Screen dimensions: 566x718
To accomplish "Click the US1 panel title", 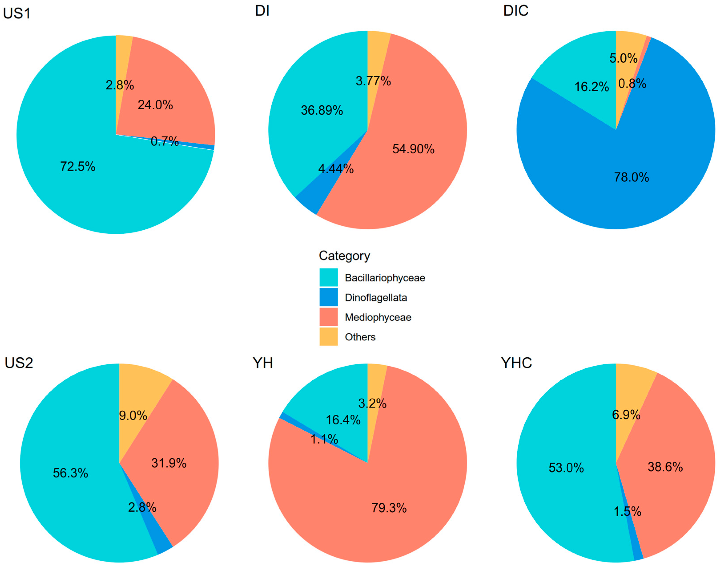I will pos(17,14).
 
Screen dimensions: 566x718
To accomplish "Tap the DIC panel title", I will pos(515,11).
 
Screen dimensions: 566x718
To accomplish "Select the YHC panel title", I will pos(516,363).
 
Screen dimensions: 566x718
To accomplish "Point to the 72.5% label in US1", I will pos(78,166).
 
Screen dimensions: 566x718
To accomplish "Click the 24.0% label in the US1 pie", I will pos(155,105).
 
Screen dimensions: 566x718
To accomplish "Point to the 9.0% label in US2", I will pos(133,415).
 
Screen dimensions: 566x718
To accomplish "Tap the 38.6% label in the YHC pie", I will pos(665,467).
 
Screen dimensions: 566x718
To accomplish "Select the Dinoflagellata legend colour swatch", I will pos(328,297).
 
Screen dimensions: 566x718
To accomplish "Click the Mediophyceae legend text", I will pos(378,317).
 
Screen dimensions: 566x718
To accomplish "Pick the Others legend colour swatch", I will pos(328,337).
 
